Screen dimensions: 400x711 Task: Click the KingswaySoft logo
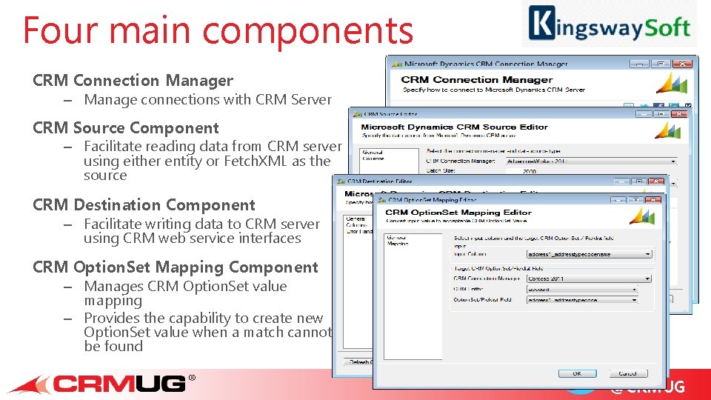click(x=609, y=24)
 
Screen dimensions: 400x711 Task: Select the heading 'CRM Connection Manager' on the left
click(x=133, y=81)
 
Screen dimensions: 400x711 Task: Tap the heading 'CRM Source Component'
click(x=126, y=128)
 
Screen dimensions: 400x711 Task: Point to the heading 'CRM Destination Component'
click(x=144, y=205)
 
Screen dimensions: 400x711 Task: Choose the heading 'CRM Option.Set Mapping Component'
click(x=176, y=267)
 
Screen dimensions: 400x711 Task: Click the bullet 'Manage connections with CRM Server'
click(x=207, y=100)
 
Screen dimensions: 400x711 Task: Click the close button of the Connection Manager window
click(x=682, y=64)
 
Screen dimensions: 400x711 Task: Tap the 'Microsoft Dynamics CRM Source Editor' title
click(x=454, y=127)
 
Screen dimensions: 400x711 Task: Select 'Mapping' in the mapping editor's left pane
click(x=397, y=243)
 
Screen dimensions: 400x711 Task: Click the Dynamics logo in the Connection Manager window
click(x=672, y=82)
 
